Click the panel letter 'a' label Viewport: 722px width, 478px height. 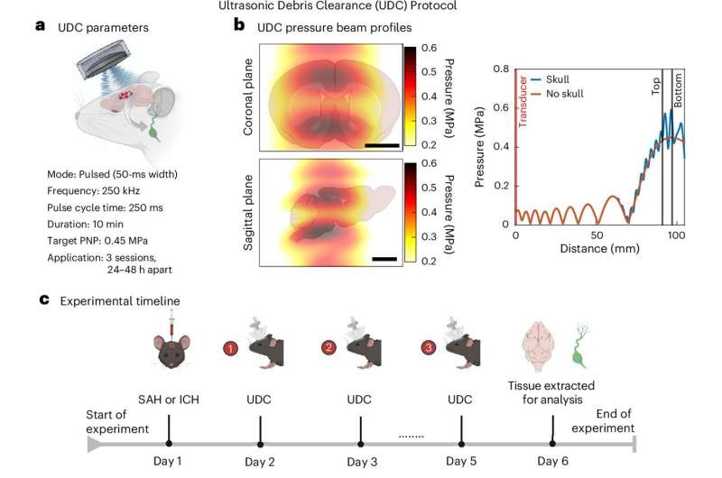coord(40,26)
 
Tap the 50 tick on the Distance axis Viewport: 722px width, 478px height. coord(597,235)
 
